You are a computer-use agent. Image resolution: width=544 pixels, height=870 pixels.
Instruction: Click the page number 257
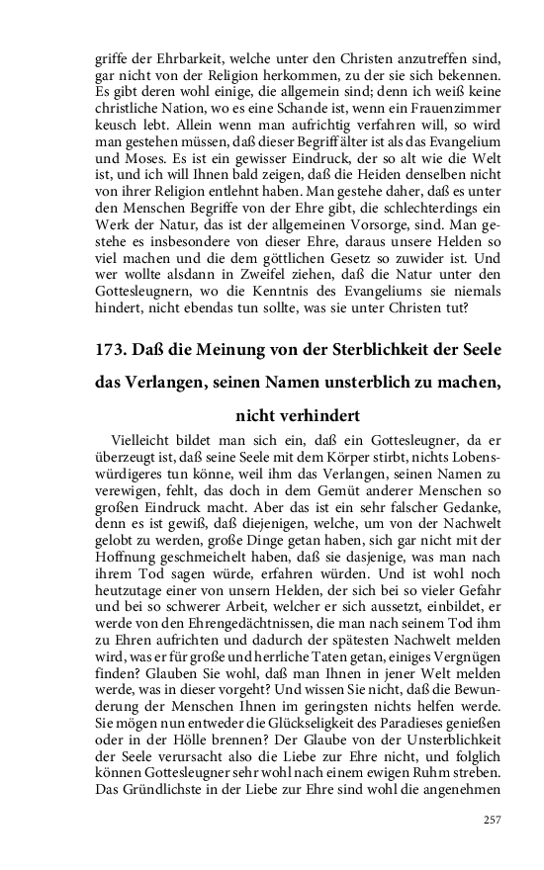tap(492, 819)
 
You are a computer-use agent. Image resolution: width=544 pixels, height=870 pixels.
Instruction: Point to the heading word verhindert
tap(311, 416)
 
